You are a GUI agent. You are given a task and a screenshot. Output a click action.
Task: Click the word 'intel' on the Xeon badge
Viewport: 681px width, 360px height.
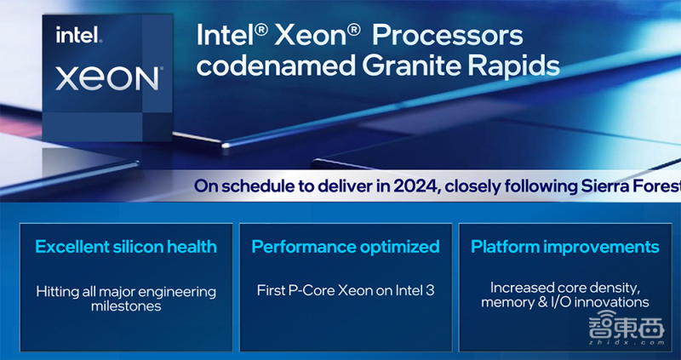(x=78, y=36)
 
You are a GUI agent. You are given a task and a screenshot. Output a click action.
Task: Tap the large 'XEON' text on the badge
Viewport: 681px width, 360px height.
(x=107, y=78)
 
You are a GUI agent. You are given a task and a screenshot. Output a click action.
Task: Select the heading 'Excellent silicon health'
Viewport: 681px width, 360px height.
(x=126, y=247)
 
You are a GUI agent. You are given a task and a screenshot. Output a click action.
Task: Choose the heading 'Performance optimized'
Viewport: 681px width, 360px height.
(x=346, y=247)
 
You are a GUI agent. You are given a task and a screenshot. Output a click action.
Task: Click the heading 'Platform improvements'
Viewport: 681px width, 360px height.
(x=565, y=247)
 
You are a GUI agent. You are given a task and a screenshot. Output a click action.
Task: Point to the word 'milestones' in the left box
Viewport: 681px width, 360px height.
(x=126, y=306)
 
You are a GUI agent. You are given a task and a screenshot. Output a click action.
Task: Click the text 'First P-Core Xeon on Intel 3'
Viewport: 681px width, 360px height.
(x=346, y=291)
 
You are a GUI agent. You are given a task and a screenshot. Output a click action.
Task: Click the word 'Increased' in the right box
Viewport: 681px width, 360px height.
(x=520, y=288)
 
